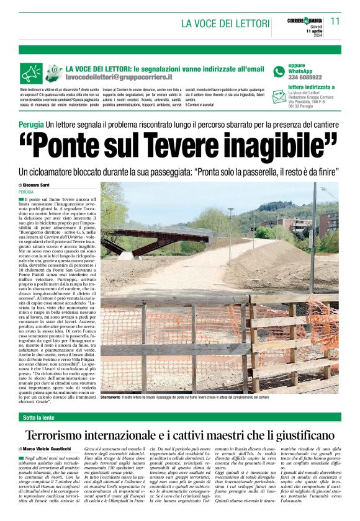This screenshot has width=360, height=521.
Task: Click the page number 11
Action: pos(335,21)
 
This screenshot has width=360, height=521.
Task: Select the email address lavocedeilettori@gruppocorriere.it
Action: pos(119,78)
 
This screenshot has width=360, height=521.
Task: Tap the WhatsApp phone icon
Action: pos(279,71)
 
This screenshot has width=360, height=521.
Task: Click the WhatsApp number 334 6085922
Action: pos(305,78)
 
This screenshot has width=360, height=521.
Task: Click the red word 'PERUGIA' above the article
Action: pos(27,192)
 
